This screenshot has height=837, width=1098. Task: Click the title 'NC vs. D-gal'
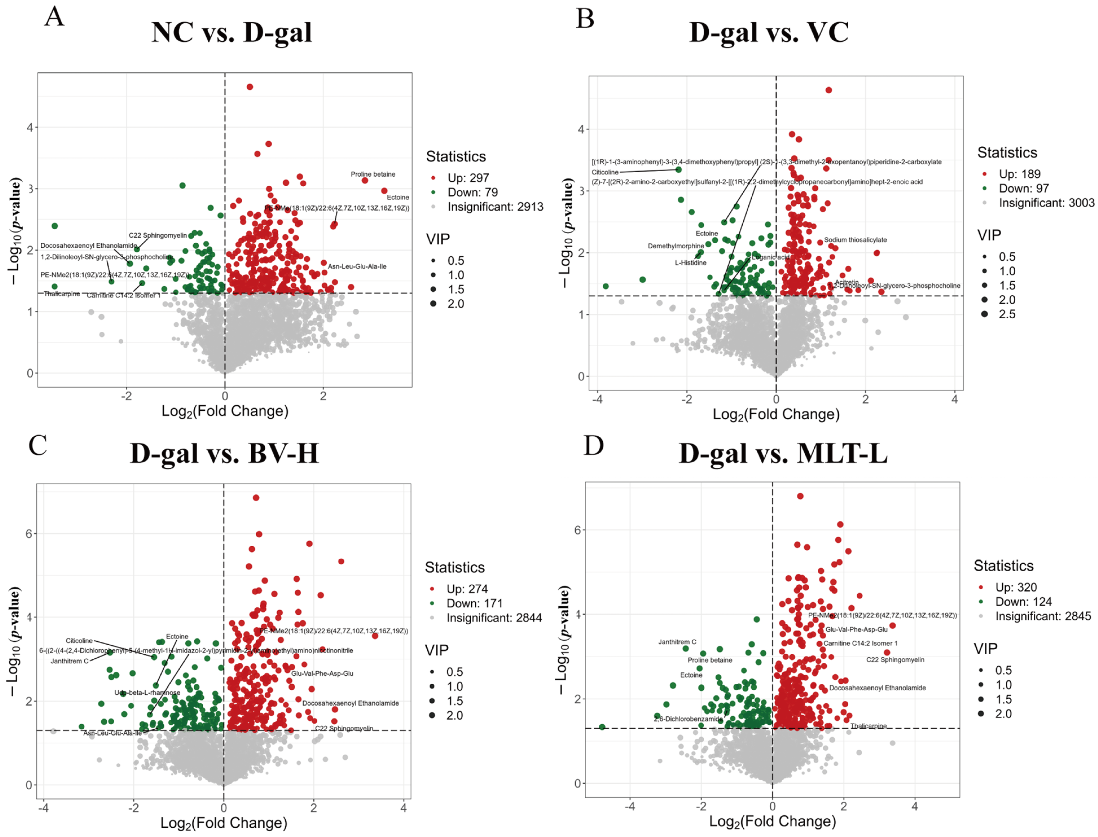(231, 33)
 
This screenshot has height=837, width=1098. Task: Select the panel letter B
(585, 19)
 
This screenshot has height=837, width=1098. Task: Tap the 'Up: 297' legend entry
(468, 178)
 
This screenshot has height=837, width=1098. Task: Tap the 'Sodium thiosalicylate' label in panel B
(855, 240)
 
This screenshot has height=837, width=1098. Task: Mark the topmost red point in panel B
(829, 90)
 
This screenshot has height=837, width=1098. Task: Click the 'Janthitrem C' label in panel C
(69, 661)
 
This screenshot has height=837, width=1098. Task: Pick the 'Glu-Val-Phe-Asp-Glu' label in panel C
(322, 673)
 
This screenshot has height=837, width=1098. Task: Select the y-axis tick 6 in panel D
(577, 529)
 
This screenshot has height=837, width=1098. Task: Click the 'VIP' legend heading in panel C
(437, 650)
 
